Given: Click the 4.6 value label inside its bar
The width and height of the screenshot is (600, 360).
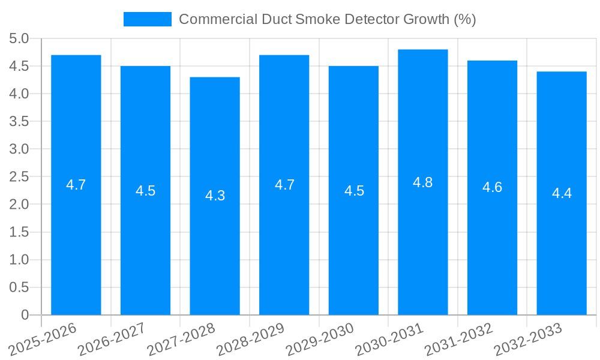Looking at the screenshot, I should [x=492, y=187].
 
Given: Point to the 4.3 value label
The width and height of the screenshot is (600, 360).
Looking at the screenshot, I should [x=215, y=196].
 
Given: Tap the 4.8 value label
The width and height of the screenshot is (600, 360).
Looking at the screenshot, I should [x=423, y=182].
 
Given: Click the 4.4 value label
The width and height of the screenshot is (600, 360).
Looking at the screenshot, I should [x=562, y=193].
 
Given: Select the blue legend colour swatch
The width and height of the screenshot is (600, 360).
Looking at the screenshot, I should [x=147, y=19].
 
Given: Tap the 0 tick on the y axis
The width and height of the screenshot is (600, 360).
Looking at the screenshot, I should [x=25, y=315].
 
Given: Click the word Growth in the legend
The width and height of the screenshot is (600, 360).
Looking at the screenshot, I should [x=426, y=19].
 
